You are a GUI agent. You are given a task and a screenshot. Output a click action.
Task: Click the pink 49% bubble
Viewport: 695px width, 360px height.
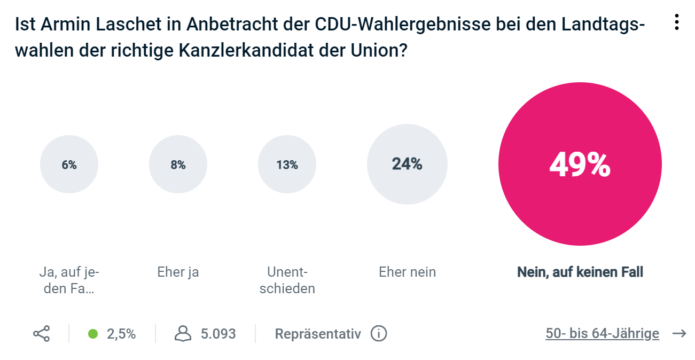(x=580, y=164)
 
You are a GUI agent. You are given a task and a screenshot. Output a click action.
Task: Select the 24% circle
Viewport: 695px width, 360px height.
(x=407, y=164)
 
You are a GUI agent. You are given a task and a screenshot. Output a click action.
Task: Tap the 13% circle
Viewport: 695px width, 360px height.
(x=287, y=165)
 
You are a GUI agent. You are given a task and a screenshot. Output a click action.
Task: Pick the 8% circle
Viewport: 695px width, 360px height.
(x=178, y=165)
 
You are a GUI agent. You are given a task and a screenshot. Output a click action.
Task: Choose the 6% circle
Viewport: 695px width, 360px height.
(x=69, y=165)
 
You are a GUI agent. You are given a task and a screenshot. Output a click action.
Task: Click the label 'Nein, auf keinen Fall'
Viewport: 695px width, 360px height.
(x=580, y=272)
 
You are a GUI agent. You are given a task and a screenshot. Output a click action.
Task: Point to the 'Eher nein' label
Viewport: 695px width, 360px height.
(x=407, y=272)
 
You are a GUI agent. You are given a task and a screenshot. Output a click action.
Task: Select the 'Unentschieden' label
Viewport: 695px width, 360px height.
(x=287, y=280)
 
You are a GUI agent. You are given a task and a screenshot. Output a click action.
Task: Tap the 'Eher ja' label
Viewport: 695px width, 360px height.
(x=178, y=272)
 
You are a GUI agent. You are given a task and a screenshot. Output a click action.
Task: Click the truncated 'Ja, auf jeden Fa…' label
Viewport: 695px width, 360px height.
(x=69, y=280)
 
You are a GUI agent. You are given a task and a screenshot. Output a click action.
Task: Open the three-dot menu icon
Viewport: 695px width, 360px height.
(x=676, y=22)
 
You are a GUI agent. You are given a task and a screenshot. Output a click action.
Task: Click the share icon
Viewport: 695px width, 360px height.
(x=41, y=334)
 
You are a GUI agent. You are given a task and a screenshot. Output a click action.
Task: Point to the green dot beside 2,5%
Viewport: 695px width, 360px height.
(x=93, y=334)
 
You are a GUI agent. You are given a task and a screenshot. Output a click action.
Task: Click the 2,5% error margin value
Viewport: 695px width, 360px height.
(x=121, y=334)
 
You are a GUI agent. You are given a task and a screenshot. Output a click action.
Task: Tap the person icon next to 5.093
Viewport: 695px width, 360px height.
(x=183, y=334)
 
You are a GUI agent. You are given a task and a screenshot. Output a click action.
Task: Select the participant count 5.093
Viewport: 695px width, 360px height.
(x=218, y=334)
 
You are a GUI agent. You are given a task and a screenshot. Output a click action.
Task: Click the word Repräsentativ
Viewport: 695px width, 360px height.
(x=318, y=334)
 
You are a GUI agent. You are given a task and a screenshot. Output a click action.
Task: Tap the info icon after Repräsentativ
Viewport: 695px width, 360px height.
(x=378, y=334)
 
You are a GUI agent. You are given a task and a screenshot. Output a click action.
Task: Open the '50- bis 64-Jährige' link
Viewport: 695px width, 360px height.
(x=602, y=334)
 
